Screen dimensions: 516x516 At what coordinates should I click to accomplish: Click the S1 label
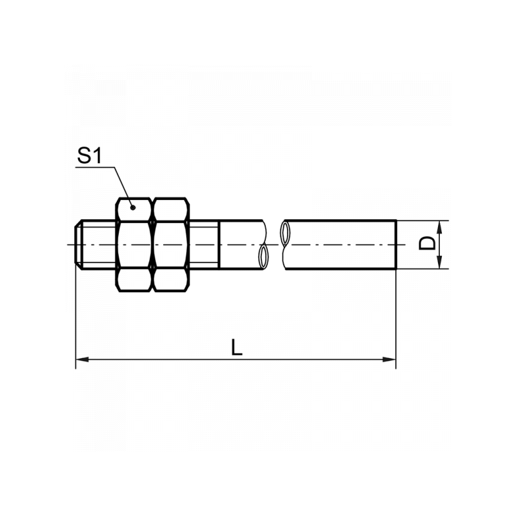point(90,155)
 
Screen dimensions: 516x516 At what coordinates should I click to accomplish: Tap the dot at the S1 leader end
point(133,207)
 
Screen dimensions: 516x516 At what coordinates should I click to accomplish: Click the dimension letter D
point(427,244)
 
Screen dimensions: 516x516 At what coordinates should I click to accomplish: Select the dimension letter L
point(236,347)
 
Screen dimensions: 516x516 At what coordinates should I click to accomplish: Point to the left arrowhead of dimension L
point(83,359)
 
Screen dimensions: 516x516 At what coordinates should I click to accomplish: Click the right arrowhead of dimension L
point(390,359)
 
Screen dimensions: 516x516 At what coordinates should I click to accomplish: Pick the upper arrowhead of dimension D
point(440,227)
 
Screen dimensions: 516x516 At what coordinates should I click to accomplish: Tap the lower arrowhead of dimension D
point(440,263)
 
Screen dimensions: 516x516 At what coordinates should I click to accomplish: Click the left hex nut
point(134,244)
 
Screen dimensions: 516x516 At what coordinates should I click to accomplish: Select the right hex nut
point(170,244)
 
